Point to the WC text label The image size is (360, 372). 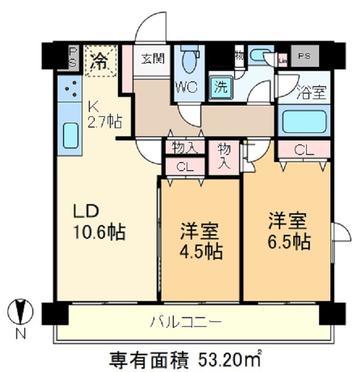click(x=188, y=87)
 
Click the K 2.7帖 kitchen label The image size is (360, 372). click(x=104, y=115)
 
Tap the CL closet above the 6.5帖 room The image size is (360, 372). click(x=303, y=149)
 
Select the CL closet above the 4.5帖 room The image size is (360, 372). click(x=185, y=166)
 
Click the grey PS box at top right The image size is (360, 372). click(x=304, y=57)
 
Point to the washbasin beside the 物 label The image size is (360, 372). click(x=260, y=56)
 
